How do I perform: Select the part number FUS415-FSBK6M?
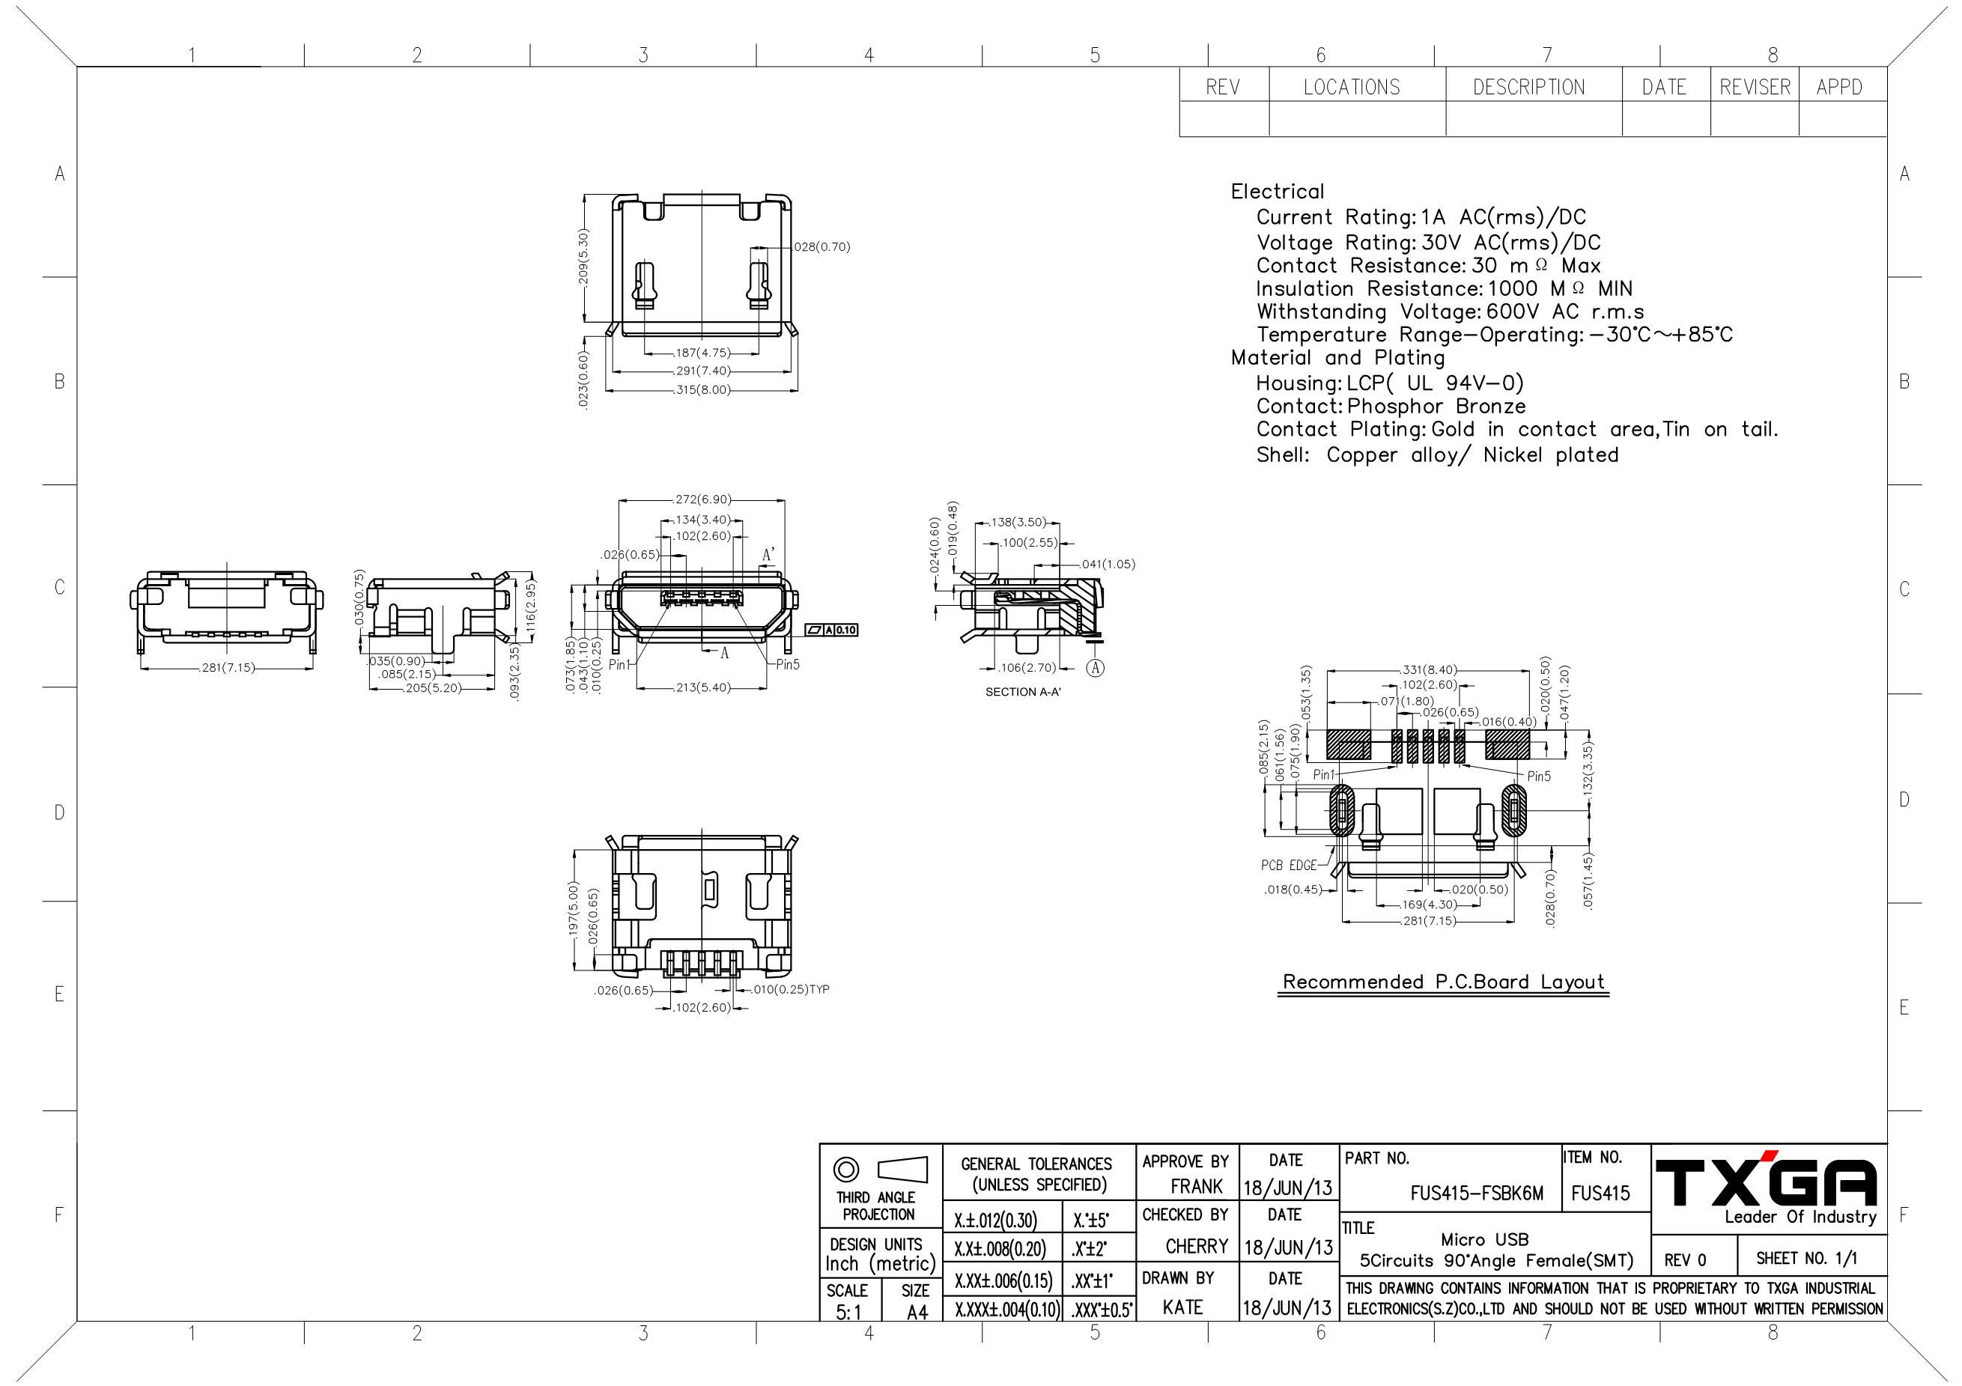point(1477,1194)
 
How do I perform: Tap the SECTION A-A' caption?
point(1023,691)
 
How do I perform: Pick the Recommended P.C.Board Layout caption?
point(1443,982)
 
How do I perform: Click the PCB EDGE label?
point(1289,866)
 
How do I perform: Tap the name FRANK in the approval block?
point(1197,1186)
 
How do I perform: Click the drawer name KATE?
point(1182,1307)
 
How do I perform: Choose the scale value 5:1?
point(848,1313)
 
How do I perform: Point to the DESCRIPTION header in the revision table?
point(1528,87)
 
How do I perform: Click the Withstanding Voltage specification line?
point(1450,312)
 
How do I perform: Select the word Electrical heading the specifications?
point(1278,192)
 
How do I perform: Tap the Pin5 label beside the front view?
point(788,664)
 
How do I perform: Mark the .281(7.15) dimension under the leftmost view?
point(226,667)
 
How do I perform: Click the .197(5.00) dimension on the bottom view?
point(576,910)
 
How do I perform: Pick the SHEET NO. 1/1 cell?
point(1806,1258)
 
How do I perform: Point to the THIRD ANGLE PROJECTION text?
point(877,1206)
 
